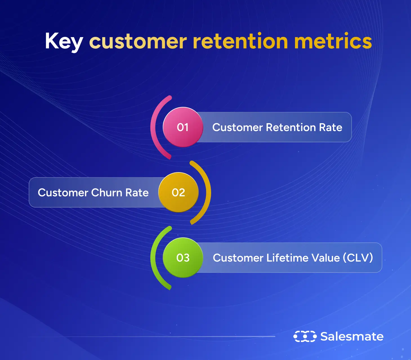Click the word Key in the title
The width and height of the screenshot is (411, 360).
coord(64,42)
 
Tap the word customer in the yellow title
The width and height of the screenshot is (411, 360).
coord(138,42)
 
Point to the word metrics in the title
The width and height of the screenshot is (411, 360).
coord(333,41)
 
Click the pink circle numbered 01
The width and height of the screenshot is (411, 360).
coord(183,127)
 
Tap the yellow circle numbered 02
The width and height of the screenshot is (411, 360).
coord(178,192)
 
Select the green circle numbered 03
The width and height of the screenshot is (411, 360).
coord(183,258)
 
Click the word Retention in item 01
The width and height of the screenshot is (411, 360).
coord(291,127)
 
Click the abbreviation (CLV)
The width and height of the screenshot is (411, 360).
coord(358,258)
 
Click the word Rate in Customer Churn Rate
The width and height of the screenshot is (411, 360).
coord(137,193)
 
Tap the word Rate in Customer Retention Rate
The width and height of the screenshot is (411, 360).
coord(330,127)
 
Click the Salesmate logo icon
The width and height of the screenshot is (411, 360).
coord(305,336)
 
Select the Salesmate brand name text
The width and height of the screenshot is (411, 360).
coord(352,336)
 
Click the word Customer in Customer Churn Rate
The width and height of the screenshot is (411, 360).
coord(63,193)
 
